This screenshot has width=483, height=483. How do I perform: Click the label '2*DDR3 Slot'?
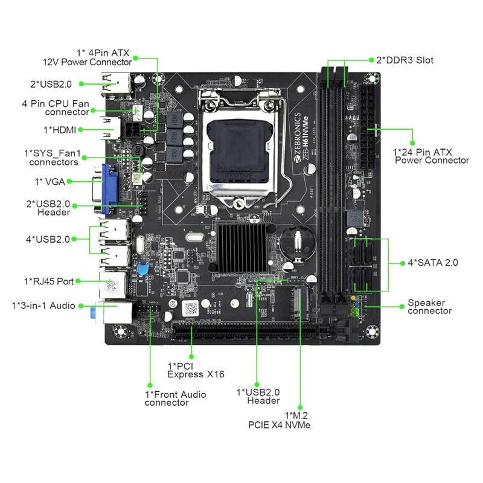405,60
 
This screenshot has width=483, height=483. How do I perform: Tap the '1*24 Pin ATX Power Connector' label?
430,156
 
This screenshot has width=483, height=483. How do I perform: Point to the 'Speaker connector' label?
429,307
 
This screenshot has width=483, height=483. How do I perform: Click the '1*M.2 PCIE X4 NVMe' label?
280,420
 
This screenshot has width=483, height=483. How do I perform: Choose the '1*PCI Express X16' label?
196,370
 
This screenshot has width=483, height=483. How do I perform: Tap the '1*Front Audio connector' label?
175,398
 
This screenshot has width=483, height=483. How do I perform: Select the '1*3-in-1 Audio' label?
43,305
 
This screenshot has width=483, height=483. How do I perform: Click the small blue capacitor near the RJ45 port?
143,270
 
